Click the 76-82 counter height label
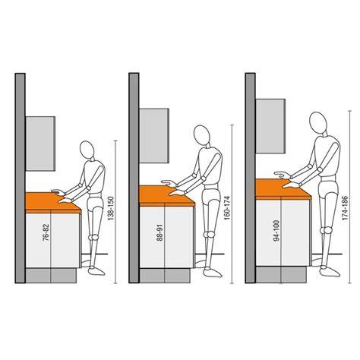pos(46,232)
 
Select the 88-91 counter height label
pos(159,232)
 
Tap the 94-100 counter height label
pos(277,230)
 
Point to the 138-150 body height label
pos(111,208)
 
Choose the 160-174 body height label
pos(227,207)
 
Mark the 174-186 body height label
pos(345,207)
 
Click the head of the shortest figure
pos(87,150)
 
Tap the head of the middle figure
pos(201,135)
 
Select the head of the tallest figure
pos(318,122)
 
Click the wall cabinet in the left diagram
pos(40,144)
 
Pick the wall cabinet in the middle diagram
pos(154,136)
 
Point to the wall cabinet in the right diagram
pos(270,126)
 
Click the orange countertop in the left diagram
pos(53,203)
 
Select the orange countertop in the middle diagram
pos(167,196)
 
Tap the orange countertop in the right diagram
pos(283,189)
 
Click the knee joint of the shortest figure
pos(93,237)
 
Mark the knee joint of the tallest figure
pos(326,230)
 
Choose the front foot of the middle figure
pos(212,273)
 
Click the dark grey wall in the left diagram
pos(20,178)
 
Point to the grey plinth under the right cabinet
pos(281,274)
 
